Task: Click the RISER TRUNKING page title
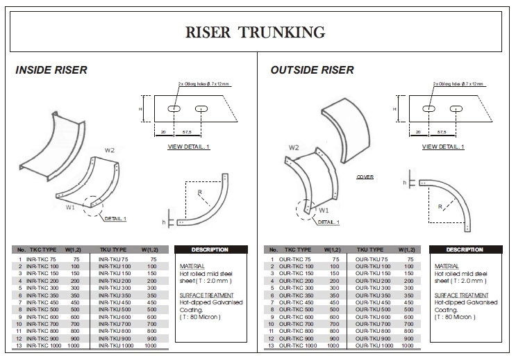point(256,32)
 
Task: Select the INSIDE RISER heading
point(51,70)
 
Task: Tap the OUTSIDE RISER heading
point(312,70)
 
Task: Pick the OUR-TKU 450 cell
point(372,302)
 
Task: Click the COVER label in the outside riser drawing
point(365,177)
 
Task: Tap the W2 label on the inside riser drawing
point(110,150)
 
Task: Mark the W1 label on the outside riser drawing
point(324,209)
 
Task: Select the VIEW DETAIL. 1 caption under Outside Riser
point(442,147)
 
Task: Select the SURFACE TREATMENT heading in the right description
point(458,295)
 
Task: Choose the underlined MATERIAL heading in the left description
point(192,266)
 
